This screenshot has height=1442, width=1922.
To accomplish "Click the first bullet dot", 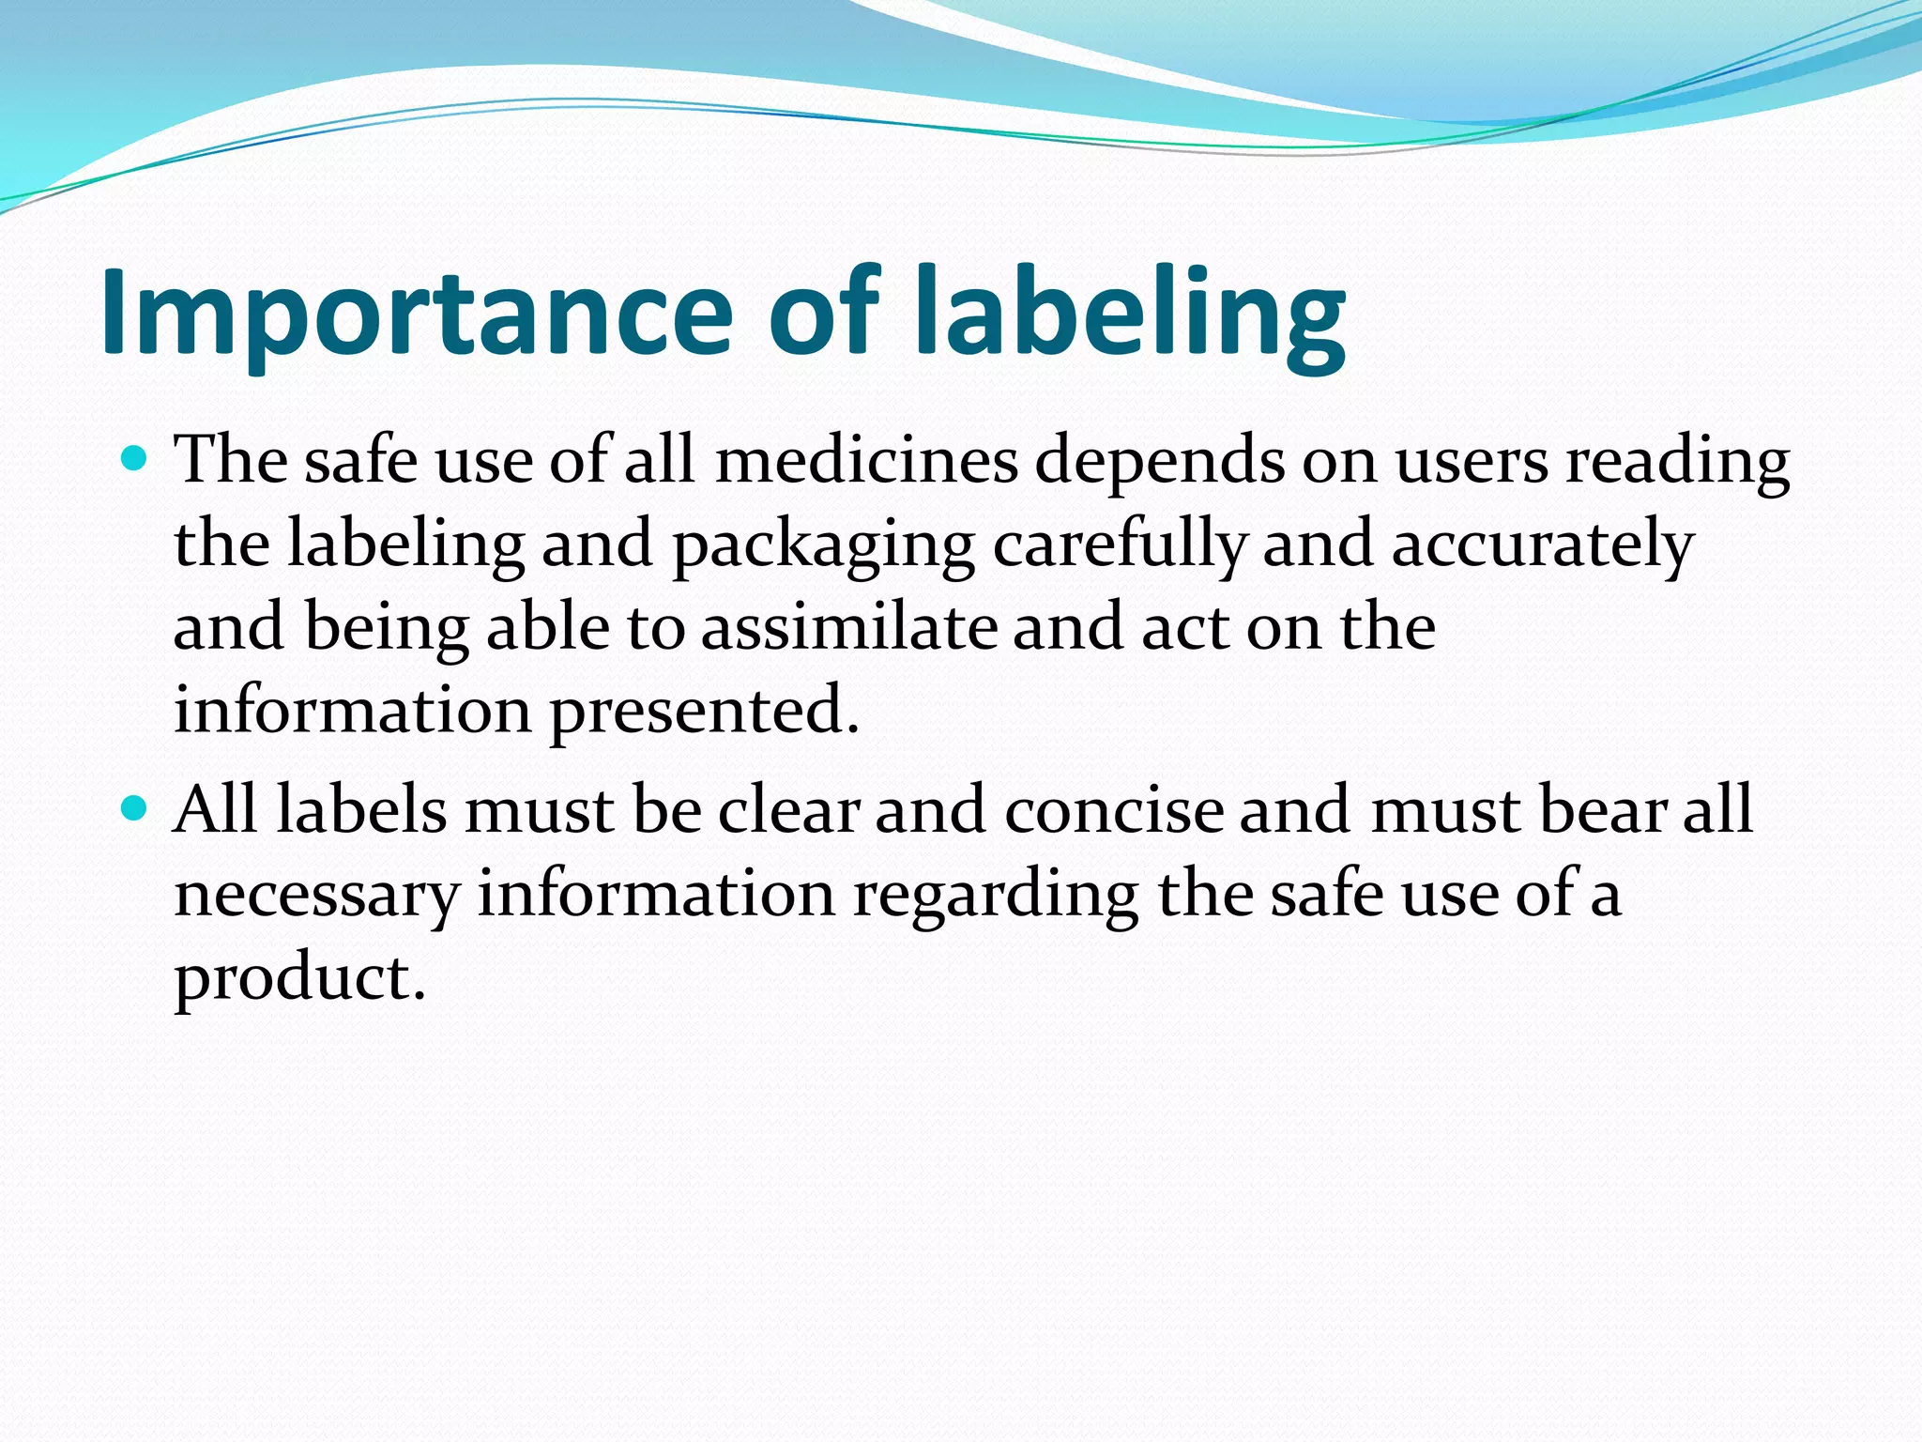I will click(x=135, y=459).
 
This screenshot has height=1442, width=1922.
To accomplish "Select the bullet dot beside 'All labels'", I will click(x=135, y=807).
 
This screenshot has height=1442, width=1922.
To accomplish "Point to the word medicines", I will click(x=867, y=462).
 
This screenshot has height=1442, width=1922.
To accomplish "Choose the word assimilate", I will click(x=849, y=627).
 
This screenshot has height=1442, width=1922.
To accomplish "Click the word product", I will click(x=299, y=979).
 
